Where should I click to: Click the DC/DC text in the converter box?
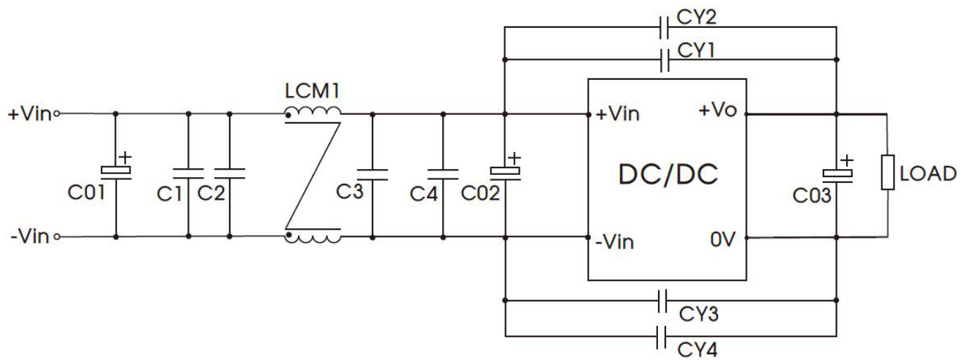pyautogui.click(x=668, y=175)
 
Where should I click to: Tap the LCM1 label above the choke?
pyautogui.click(x=313, y=91)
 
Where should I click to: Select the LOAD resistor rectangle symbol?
pyautogui.click(x=888, y=172)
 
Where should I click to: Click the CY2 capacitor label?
pyautogui.click(x=696, y=18)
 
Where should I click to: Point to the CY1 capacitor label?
pyautogui.click(x=696, y=50)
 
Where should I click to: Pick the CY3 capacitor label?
pyautogui.click(x=698, y=315)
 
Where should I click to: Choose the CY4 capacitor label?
pyautogui.click(x=698, y=349)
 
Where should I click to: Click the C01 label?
pyautogui.click(x=86, y=192)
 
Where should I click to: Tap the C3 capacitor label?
pyautogui.click(x=349, y=192)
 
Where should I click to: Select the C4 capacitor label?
pyautogui.click(x=424, y=194)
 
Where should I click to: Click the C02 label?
pyautogui.click(x=480, y=193)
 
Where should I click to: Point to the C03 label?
pyautogui.click(x=812, y=195)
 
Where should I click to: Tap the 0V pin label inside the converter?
pyautogui.click(x=722, y=239)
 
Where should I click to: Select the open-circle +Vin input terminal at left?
pyautogui.click(x=57, y=114)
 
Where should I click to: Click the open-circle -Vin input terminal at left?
pyautogui.click(x=57, y=237)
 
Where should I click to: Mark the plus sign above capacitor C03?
pyautogui.click(x=847, y=160)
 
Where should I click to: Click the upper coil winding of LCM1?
pyautogui.click(x=313, y=111)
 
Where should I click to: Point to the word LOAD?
pyautogui.click(x=928, y=173)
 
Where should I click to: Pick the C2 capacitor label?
pyautogui.click(x=211, y=194)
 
